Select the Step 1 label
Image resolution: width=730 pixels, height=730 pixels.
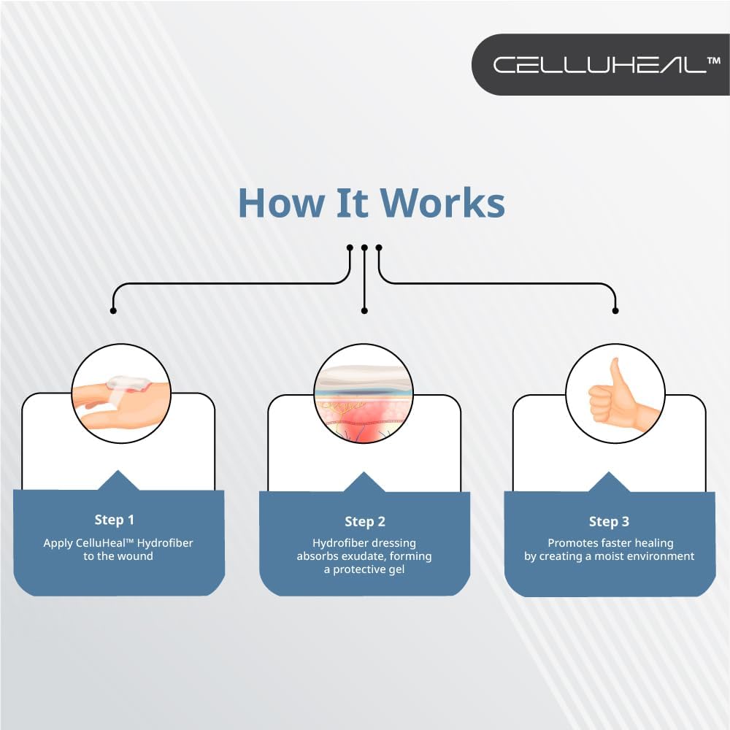(115, 520)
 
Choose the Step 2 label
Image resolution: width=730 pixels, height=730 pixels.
(365, 521)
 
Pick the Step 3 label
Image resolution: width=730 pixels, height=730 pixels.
(609, 521)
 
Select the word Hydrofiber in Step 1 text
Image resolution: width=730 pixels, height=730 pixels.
(164, 542)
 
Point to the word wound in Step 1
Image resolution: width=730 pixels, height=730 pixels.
(136, 556)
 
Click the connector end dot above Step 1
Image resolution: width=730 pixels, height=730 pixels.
(112, 310)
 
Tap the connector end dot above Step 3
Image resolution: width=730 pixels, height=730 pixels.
(615, 310)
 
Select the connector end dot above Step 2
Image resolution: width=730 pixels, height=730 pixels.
(364, 310)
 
